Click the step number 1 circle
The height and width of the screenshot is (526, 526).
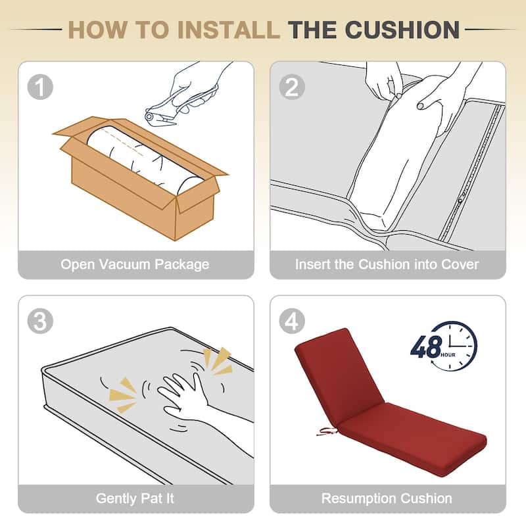point(40,87)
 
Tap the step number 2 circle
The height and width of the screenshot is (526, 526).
point(292,87)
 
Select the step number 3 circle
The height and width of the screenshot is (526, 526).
point(40,321)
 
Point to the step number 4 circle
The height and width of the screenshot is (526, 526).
point(292,321)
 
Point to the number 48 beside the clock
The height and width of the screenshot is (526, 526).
point(425,347)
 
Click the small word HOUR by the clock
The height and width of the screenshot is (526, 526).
point(448,355)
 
